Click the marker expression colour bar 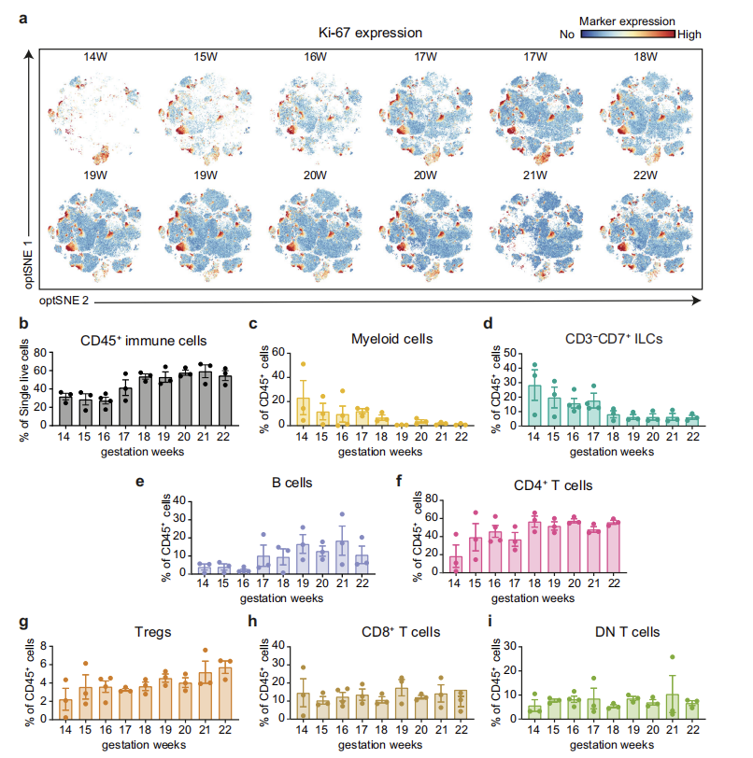(x=628, y=34)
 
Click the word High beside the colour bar (x=689, y=34)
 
